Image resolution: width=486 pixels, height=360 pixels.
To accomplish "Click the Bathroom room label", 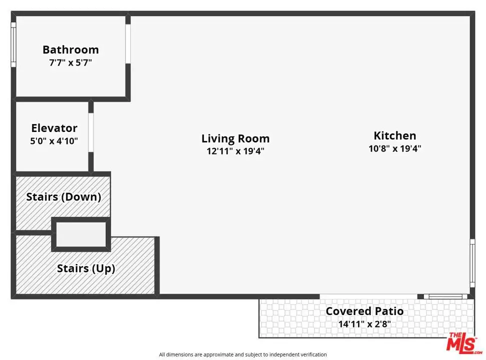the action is tap(70, 49).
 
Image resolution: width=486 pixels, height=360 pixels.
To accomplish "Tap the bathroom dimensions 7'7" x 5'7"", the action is tap(70, 62).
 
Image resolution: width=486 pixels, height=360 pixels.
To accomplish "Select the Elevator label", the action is tap(54, 128).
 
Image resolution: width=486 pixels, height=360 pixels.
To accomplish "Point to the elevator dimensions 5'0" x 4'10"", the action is tap(54, 141).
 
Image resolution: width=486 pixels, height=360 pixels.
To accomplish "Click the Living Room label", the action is tap(235, 138).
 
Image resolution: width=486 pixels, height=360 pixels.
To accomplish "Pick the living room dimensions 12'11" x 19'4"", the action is tap(235, 151).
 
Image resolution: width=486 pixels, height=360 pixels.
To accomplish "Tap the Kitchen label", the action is tap(395, 135).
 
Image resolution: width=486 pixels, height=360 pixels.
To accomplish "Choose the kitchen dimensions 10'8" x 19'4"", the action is tap(395, 148).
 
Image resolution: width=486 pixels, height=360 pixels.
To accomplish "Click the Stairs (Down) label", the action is tap(63, 197).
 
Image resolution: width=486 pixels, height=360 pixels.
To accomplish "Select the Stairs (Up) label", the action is tap(86, 268).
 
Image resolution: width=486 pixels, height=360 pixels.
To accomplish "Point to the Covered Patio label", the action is tap(364, 311).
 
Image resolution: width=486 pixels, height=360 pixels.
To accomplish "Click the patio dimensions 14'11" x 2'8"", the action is tap(364, 324).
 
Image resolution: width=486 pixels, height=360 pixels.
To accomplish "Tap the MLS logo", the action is tap(463, 343).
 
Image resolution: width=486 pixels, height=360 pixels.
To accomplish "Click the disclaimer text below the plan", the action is tap(242, 354).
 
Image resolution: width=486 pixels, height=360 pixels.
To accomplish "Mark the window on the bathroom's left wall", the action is tap(13, 44).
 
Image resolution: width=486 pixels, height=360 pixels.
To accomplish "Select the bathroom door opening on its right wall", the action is tap(128, 43).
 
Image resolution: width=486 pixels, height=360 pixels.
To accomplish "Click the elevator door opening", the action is tap(91, 132).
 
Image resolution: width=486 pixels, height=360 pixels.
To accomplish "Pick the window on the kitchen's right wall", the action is tap(472, 263).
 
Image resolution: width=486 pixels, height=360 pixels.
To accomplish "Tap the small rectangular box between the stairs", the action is tap(81, 234).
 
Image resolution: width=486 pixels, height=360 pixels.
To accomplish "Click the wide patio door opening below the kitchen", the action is tap(368, 296).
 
